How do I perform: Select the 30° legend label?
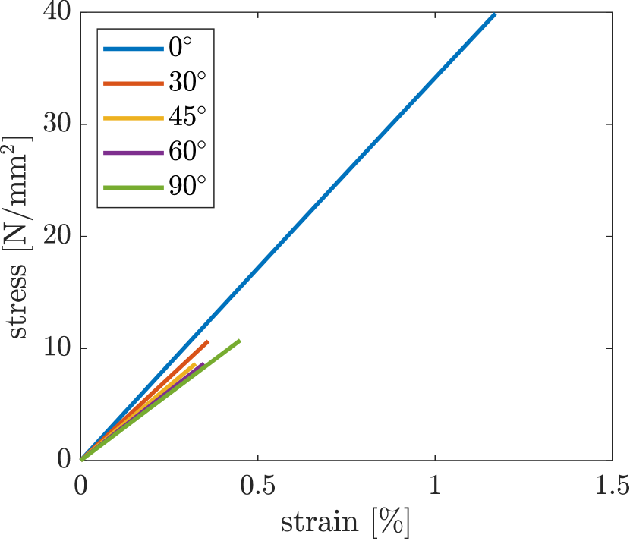(186, 83)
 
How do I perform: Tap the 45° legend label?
(186, 118)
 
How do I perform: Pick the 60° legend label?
(186, 153)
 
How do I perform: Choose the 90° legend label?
(186, 187)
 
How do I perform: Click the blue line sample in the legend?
(134, 49)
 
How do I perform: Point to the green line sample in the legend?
(134, 187)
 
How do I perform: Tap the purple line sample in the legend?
(134, 153)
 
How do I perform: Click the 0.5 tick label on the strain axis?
(258, 486)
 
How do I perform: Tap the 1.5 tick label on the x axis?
(612, 486)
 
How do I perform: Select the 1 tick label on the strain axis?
(435, 486)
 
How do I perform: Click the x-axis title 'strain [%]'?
(346, 522)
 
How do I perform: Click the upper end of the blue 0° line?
(494, 14)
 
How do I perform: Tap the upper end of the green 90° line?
(240, 340)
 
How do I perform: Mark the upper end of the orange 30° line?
(207, 341)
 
